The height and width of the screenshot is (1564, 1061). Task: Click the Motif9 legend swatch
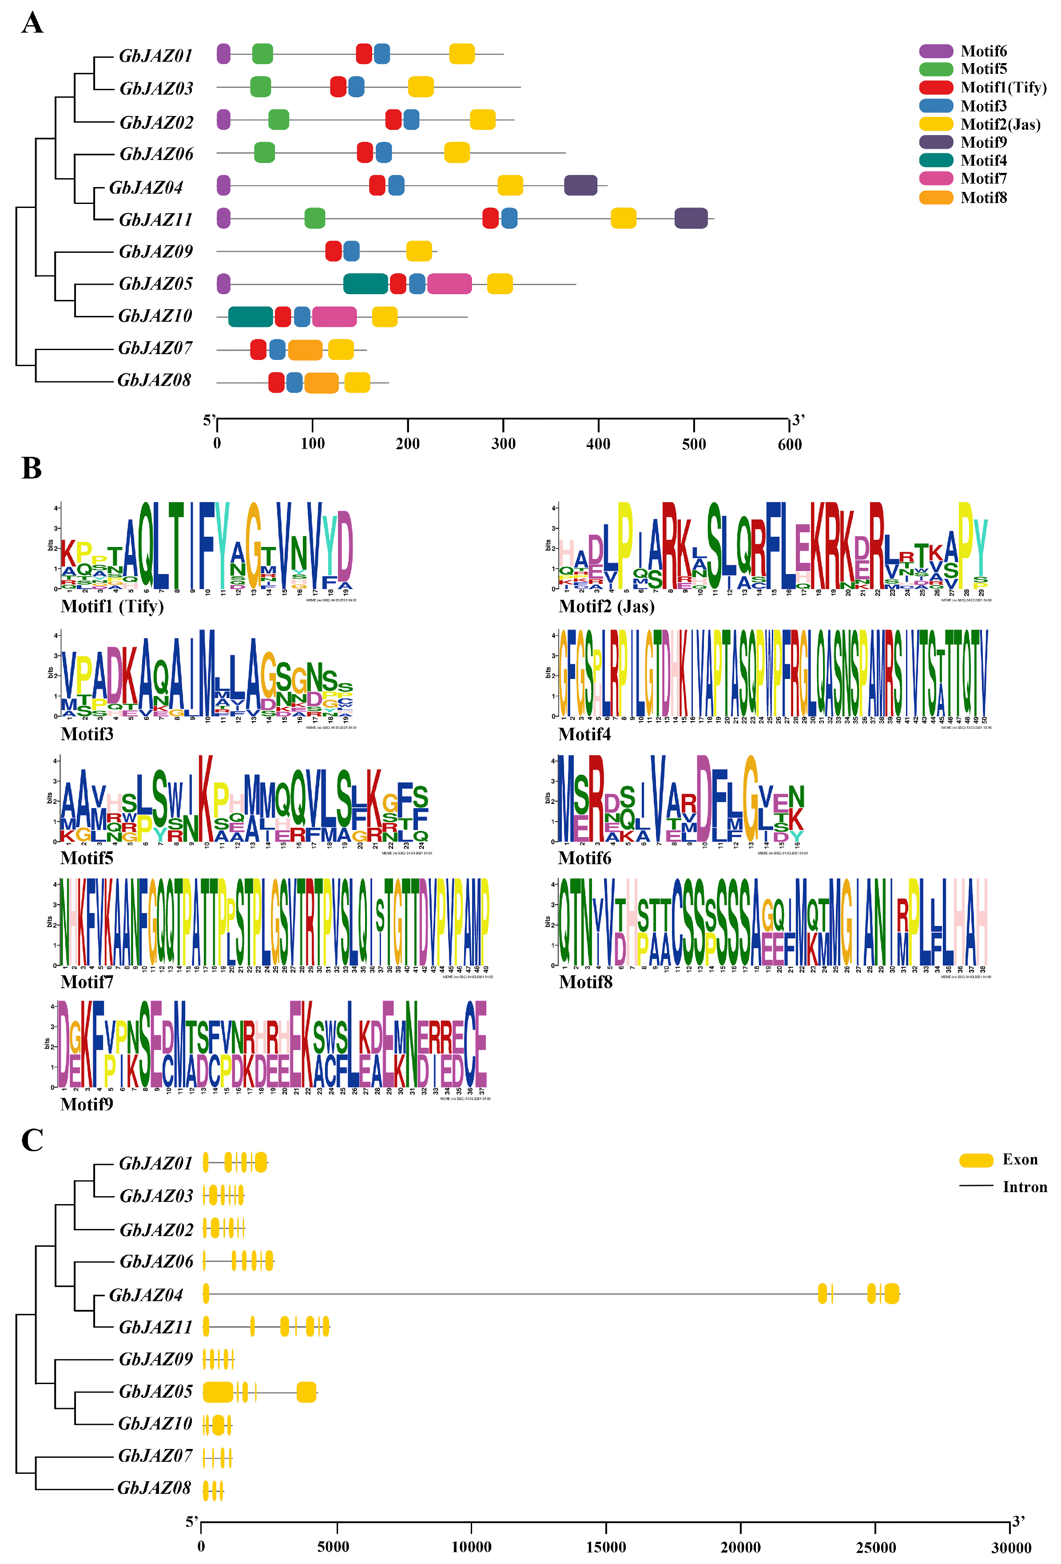coord(936,142)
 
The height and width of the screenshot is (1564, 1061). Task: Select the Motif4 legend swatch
coord(936,160)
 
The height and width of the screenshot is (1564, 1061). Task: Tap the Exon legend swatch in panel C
coord(976,1160)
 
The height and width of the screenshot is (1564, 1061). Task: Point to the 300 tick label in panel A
coord(503,444)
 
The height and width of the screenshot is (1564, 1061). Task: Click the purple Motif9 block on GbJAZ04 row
coord(580,185)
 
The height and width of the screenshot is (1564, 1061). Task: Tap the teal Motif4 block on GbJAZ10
coord(250,316)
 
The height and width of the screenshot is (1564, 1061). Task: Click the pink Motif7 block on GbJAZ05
coord(449,284)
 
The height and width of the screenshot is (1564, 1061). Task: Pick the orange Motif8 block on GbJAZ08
coord(321,382)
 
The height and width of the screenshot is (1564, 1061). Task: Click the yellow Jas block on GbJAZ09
coord(418,251)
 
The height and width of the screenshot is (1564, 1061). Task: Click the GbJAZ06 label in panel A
coord(156,154)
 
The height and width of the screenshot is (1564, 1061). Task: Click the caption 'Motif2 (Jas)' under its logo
coord(606,606)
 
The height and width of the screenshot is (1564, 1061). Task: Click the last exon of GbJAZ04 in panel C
coord(891,1293)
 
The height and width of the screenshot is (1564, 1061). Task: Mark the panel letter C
coord(32,1140)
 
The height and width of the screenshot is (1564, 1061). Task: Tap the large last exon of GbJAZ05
coord(306,1392)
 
